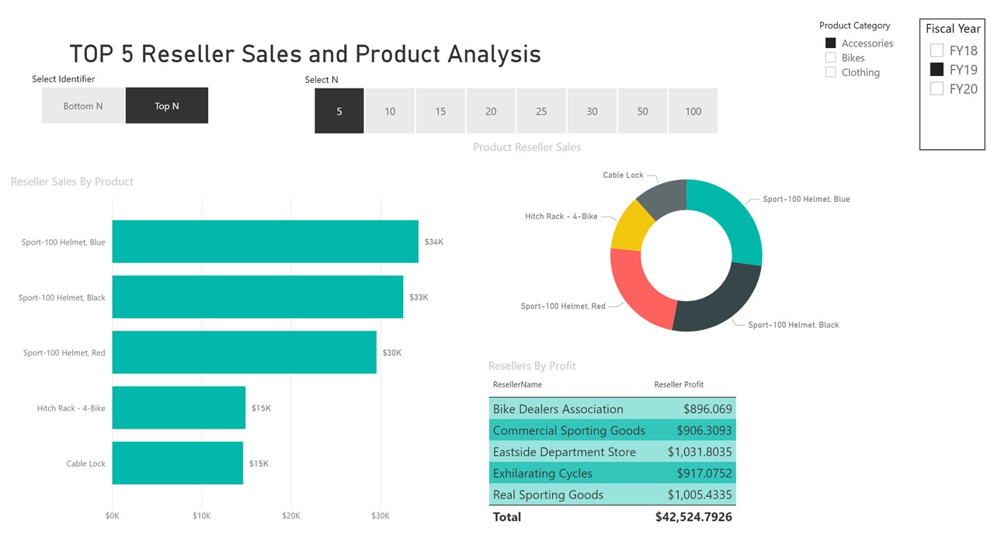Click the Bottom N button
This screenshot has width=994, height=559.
tap(83, 106)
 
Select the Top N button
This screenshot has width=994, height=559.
tap(167, 106)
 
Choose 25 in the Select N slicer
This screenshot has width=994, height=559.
tap(541, 111)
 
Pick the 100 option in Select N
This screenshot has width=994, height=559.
tap(693, 111)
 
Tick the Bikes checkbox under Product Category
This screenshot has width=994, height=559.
tap(831, 57)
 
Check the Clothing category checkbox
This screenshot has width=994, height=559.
tap(831, 72)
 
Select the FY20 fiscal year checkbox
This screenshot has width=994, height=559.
tap(937, 89)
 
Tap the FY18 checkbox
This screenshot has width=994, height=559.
tap(937, 50)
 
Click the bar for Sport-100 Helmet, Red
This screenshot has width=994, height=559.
tap(244, 352)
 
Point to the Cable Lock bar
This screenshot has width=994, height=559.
tap(178, 463)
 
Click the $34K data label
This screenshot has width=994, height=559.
tap(434, 241)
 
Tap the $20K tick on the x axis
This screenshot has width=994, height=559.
tap(291, 516)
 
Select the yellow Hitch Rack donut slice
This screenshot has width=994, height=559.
tap(631, 227)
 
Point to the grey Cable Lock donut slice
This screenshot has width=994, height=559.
tap(666, 196)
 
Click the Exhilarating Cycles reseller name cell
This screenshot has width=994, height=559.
tap(543, 474)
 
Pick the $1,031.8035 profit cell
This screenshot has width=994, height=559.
tap(700, 452)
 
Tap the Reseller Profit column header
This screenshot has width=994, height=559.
tap(679, 384)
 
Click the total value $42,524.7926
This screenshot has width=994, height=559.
tap(693, 517)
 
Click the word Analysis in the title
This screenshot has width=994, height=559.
tap(495, 54)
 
